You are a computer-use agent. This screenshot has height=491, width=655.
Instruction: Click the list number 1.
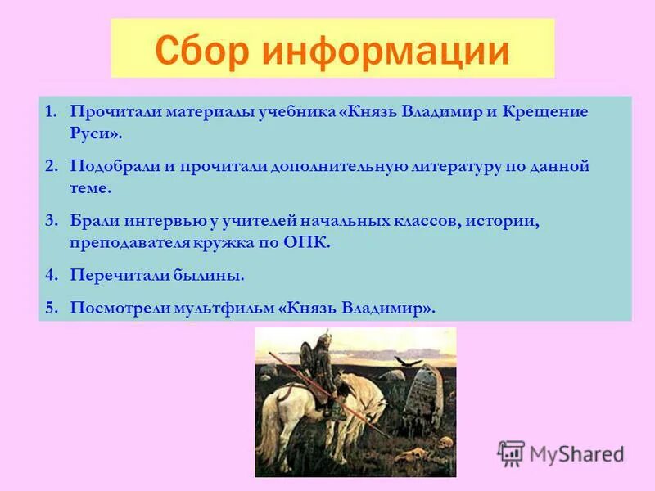pos(50,110)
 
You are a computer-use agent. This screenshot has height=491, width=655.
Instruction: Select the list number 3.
pos(50,222)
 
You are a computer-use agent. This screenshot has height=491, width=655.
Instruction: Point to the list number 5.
pos(50,309)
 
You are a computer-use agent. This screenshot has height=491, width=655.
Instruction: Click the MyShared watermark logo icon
pos(511,453)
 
